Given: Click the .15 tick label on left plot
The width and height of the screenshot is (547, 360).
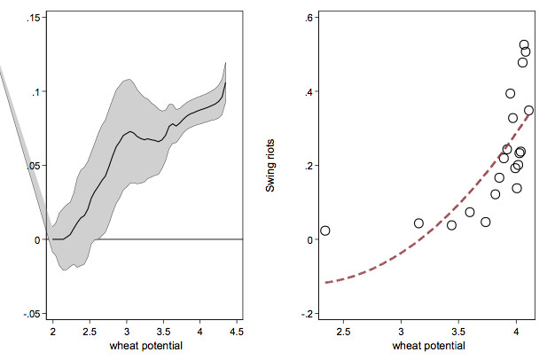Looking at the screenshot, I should [30, 18].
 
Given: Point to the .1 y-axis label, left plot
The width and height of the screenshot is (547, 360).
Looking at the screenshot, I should [34, 91].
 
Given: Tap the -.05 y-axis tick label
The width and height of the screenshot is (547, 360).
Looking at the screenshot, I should [28, 314].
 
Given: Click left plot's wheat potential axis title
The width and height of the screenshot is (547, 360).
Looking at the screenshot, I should [145, 346].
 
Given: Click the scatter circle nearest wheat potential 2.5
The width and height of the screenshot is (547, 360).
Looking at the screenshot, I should [324, 231].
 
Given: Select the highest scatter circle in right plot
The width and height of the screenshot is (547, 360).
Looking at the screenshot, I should [524, 44].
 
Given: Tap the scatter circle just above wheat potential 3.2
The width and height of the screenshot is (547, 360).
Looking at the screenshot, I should [418, 223].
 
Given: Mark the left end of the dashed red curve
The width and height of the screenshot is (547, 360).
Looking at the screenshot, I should [325, 283].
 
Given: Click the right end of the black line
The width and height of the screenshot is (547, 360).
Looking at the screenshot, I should [226, 82].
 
